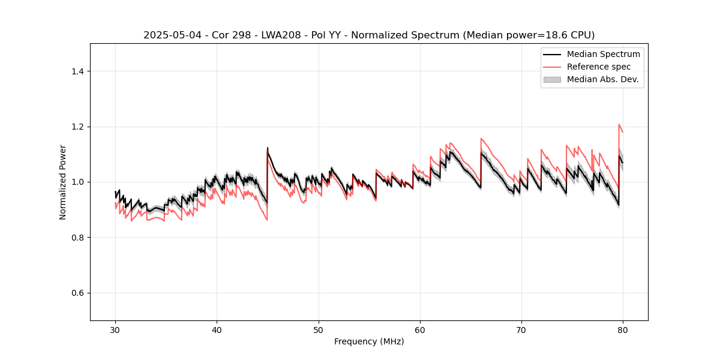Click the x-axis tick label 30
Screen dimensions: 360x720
coord(115,330)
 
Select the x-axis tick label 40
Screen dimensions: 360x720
coord(217,330)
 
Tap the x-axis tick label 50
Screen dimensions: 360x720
coord(318,330)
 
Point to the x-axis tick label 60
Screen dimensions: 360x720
coord(420,330)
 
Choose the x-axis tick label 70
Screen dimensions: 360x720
coord(521,330)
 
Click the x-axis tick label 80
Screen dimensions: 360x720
coord(623,330)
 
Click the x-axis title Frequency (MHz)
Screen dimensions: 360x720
coord(369,342)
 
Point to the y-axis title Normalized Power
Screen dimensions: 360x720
coord(63,182)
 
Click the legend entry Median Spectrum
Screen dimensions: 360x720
coord(603,55)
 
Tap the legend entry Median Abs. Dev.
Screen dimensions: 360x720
coord(602,79)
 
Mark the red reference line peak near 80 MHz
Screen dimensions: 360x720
coord(619,125)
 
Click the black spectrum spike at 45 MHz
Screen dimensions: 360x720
coord(268,148)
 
